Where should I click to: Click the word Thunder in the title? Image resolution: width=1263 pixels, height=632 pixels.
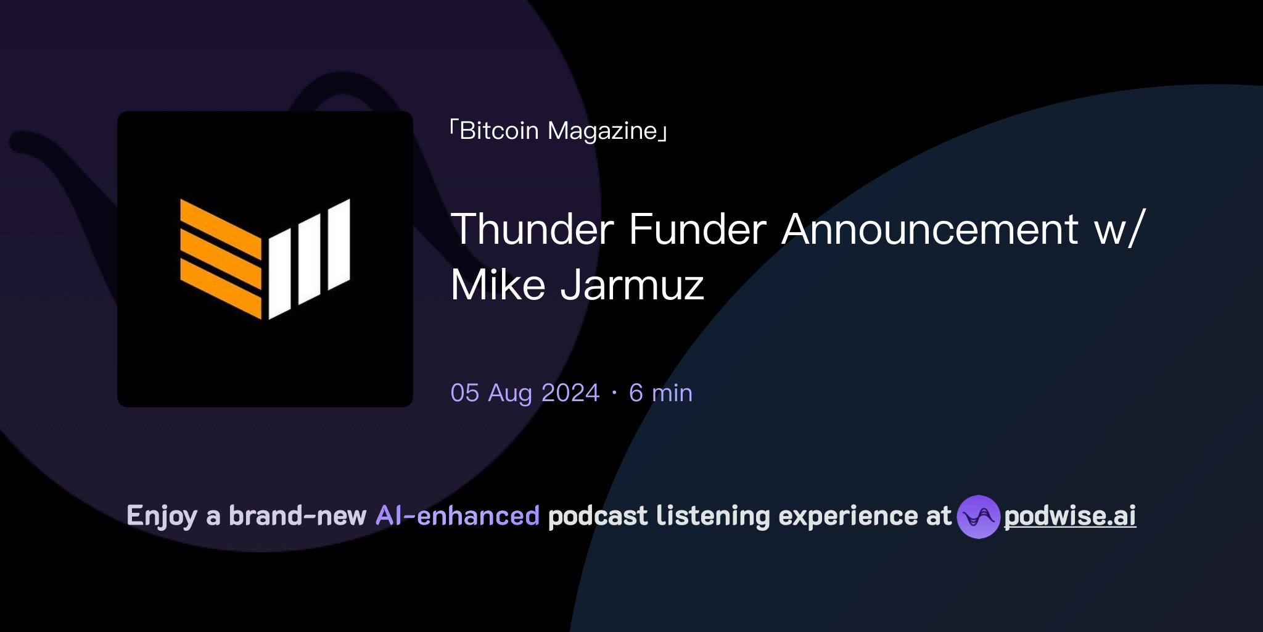532,229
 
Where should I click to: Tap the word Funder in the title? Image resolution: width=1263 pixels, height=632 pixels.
697,229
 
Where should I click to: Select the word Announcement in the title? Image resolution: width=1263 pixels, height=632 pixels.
930,229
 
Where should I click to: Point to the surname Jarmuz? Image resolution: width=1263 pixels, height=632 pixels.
632,286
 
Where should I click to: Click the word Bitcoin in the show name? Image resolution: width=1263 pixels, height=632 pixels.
499,131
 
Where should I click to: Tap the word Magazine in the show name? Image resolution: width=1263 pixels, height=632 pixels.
603,131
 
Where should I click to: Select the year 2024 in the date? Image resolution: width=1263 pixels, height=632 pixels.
570,393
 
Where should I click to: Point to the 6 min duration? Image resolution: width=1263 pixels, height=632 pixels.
660,393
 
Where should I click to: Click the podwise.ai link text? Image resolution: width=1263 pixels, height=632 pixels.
1070,516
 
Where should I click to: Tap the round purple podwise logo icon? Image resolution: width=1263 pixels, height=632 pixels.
978,517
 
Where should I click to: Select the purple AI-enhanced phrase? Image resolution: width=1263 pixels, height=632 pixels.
458,516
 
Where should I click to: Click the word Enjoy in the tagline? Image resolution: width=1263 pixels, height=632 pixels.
162,516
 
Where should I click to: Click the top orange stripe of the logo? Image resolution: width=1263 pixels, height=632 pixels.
220,228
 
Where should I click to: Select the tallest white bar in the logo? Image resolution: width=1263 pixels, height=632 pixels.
339,244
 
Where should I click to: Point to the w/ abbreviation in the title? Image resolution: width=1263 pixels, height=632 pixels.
1119,229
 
